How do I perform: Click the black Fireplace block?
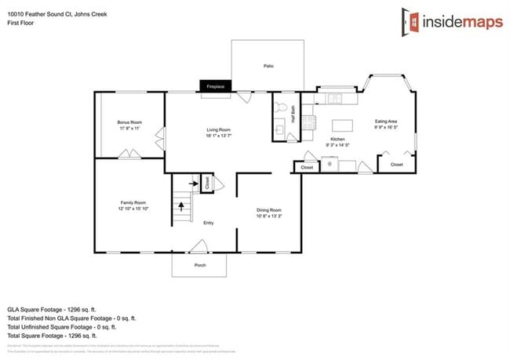pos(214,86)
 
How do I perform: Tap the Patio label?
pos(268,67)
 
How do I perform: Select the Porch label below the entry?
pos(200,265)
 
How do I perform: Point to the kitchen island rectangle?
pos(341,125)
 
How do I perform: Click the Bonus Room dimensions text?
pos(129,129)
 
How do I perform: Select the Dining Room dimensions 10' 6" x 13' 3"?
pos(269,215)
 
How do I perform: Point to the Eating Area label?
pos(385,122)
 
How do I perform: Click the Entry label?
pos(209,224)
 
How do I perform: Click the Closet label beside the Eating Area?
pos(396,165)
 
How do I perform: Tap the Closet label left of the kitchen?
pos(307,167)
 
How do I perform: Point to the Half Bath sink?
pos(280,130)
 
